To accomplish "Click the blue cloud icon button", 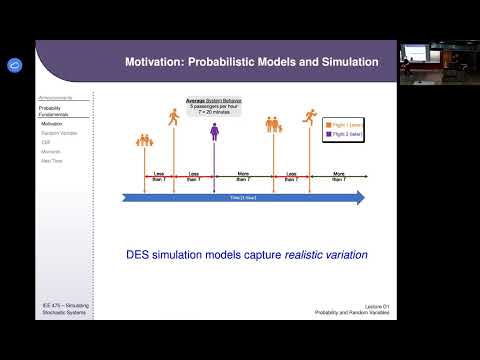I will point(14,65).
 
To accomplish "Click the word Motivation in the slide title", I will point(156,62).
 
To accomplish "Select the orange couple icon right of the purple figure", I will point(274,126).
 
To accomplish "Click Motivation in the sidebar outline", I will point(53,123).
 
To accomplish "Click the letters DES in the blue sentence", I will point(141,255).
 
